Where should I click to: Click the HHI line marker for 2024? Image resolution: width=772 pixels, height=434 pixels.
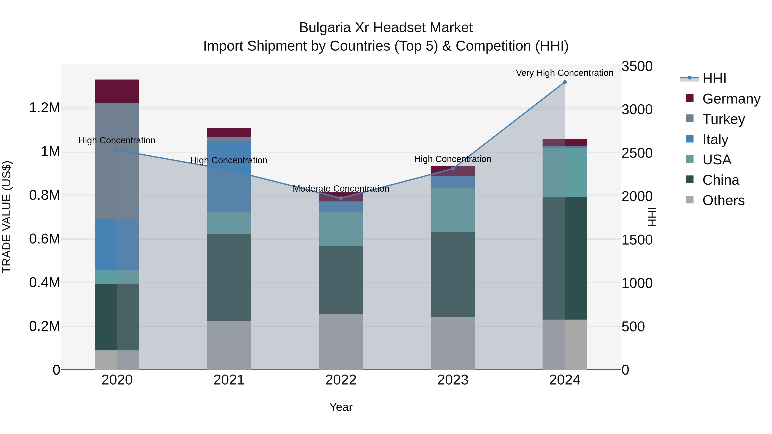coord(565,82)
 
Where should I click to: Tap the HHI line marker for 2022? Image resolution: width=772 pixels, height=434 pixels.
coord(341,198)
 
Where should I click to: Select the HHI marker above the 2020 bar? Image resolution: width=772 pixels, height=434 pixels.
coord(117,150)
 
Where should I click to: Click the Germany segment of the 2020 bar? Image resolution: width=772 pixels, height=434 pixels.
coord(117,91)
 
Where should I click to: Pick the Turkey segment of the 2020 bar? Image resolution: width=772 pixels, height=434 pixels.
coord(117,161)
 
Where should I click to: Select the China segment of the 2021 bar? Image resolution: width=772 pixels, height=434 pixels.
coord(229,277)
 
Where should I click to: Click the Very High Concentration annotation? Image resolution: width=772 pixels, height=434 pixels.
coord(564,73)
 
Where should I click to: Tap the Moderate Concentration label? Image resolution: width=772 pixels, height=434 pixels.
coord(341,189)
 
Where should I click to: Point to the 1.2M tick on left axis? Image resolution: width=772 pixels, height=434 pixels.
coord(45,108)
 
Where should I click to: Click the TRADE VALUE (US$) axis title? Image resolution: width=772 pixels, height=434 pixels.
coord(7,217)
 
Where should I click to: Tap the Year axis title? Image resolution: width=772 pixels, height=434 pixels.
coord(341,407)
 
